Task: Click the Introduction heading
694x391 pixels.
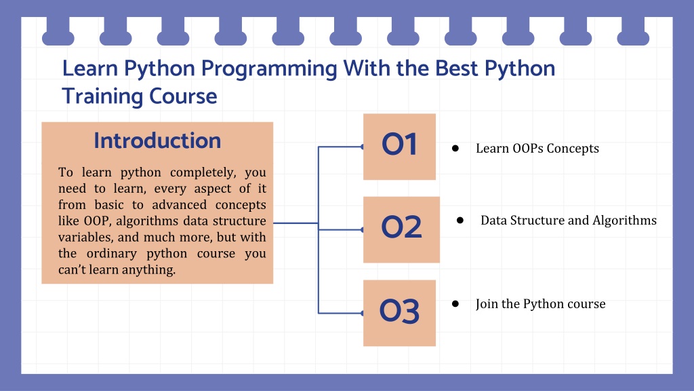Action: (x=157, y=141)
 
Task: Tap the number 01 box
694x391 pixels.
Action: (x=399, y=147)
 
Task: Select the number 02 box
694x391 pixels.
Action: (x=401, y=229)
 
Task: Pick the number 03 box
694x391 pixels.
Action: (x=399, y=313)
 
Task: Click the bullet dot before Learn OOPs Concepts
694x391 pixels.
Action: (x=455, y=149)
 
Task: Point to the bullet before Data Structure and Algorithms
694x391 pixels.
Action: (x=460, y=221)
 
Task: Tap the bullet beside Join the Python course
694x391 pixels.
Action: (x=455, y=303)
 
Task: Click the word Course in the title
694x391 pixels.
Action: (x=183, y=96)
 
